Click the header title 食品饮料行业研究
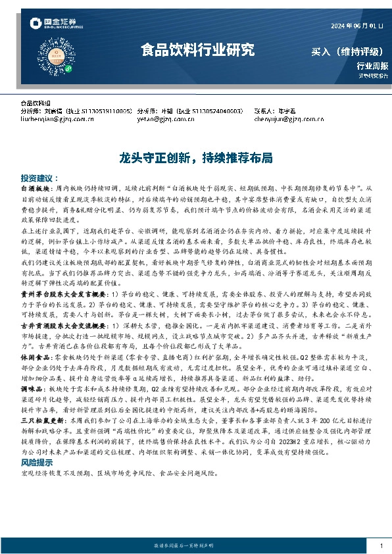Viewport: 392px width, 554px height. point(197,49)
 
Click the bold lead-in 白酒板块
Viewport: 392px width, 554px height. point(34,188)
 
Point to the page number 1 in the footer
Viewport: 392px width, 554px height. point(381,547)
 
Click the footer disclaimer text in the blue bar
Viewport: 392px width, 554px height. point(195,547)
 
